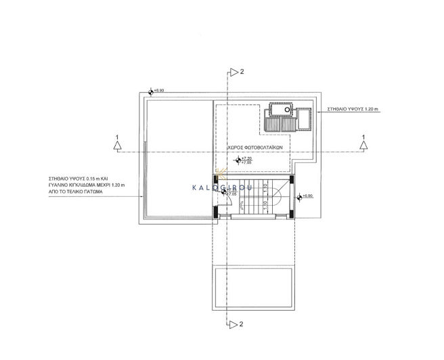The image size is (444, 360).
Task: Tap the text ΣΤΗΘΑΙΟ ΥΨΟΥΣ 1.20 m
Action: tap(356, 108)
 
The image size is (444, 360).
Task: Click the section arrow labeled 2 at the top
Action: tap(234, 71)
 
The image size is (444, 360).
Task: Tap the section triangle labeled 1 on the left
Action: tap(117, 143)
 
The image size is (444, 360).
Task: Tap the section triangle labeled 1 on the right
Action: tap(363, 143)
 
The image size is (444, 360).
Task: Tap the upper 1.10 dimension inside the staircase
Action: tap(265, 186)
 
